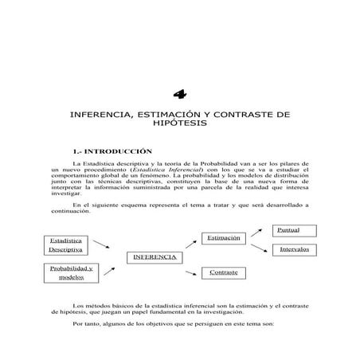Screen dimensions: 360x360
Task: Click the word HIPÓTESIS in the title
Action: click(180, 125)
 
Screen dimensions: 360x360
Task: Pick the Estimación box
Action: click(224, 238)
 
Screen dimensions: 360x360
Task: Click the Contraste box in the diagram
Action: click(224, 273)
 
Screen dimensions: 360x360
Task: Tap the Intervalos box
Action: click(293, 250)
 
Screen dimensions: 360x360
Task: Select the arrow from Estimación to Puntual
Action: click(257, 232)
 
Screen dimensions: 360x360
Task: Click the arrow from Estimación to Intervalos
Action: click(257, 248)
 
